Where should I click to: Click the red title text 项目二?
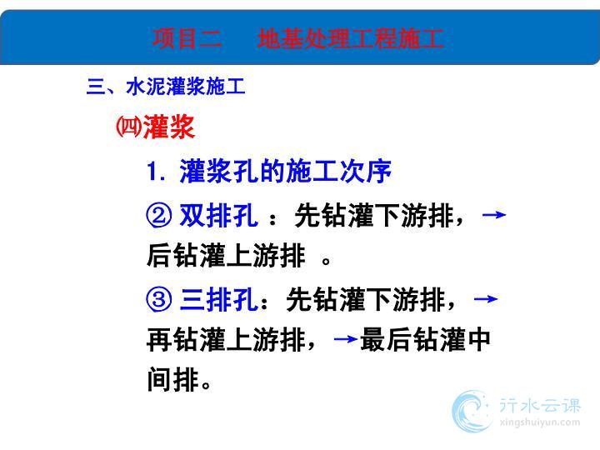tap(187, 38)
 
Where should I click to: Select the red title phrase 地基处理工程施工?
tap(350, 38)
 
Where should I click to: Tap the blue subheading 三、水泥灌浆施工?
tap(166, 86)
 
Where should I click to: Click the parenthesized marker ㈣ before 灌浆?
tap(128, 127)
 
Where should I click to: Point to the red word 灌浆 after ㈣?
tap(168, 127)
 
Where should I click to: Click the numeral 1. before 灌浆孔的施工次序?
tap(156, 171)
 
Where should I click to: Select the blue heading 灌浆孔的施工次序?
tap(285, 171)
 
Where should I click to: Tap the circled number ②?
tap(158, 215)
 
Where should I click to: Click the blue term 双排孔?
tap(218, 215)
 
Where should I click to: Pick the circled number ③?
tap(158, 299)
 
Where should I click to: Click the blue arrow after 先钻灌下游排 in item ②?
tap(494, 215)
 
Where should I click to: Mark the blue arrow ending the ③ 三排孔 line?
tap(486, 298)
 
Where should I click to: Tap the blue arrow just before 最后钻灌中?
tap(346, 338)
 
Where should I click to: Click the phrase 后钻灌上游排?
tap(226, 255)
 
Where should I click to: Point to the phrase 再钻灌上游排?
tap(226, 339)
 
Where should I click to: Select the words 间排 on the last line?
tap(173, 379)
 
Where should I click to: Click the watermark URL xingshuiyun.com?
tap(540, 422)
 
